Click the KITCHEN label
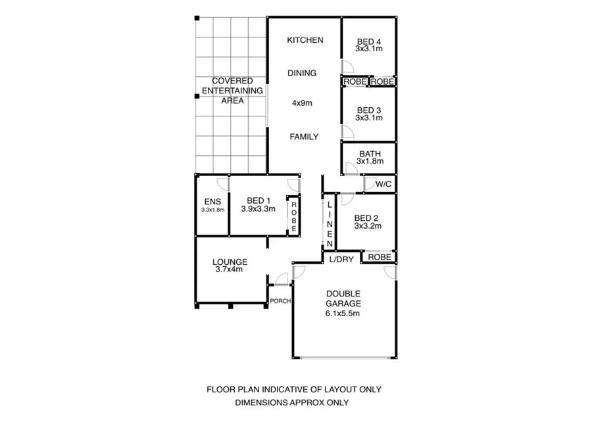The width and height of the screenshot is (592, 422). pos(305,40)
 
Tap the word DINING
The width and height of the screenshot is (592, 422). pos(302,73)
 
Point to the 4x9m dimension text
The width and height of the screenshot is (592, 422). pos(302,103)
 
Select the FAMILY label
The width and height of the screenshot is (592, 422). pos(305,137)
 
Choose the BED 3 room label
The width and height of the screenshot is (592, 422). pos(368,110)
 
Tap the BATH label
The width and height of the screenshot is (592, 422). pos(370,154)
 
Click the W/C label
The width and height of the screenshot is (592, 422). pos(383,184)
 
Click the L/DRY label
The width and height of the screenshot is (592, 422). pos(341,259)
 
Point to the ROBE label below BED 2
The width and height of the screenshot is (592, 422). pos(380,257)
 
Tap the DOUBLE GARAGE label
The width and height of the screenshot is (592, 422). pos(343,298)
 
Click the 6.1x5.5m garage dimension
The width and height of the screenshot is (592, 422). pos(343,314)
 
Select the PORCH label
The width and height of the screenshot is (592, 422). pos(280,302)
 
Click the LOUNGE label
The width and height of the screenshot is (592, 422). pos(229,262)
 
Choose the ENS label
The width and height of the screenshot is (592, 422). pos(212,201)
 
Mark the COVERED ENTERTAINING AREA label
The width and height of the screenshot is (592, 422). pos(232,91)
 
